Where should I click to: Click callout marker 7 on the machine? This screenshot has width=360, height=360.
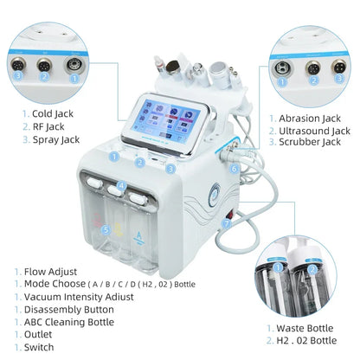[x=227, y=223]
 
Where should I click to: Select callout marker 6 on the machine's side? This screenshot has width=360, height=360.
[x=235, y=170]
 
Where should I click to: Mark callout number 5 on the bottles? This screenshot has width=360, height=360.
[x=106, y=230]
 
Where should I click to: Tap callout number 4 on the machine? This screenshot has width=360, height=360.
[x=122, y=185]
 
